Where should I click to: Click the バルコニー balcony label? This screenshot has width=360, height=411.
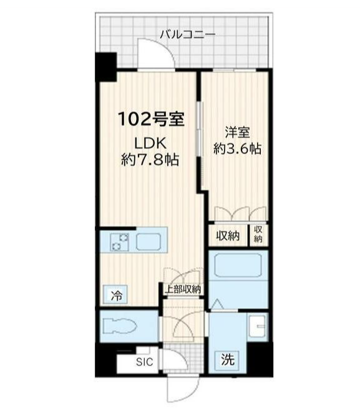pyautogui.click(x=188, y=35)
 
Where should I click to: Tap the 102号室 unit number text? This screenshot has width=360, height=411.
pyautogui.click(x=151, y=119)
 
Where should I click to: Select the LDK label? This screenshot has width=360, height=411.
pyautogui.click(x=150, y=143)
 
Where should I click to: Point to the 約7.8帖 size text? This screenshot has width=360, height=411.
pyautogui.click(x=150, y=160)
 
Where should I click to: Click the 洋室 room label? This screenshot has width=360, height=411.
pyautogui.click(x=238, y=133)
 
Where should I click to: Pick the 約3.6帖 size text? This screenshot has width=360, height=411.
pyautogui.click(x=238, y=148)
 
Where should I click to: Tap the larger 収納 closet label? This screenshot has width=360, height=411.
pyautogui.click(x=228, y=236)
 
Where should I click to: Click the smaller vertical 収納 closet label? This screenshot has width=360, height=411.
pyautogui.click(x=258, y=235)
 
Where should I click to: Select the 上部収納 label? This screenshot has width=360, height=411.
pyautogui.click(x=182, y=289)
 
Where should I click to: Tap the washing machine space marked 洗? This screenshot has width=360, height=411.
pyautogui.click(x=228, y=360)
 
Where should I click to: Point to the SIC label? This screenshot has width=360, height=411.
pyautogui.click(x=145, y=362)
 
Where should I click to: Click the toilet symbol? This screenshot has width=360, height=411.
pyautogui.click(x=120, y=326)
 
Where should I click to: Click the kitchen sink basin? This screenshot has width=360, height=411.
pyautogui.click(x=148, y=241)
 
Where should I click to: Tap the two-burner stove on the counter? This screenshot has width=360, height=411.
pyautogui.click(x=120, y=241)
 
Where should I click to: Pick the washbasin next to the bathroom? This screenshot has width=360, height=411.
pyautogui.click(x=257, y=326)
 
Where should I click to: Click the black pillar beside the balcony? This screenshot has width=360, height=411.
pyautogui.click(x=106, y=67)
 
